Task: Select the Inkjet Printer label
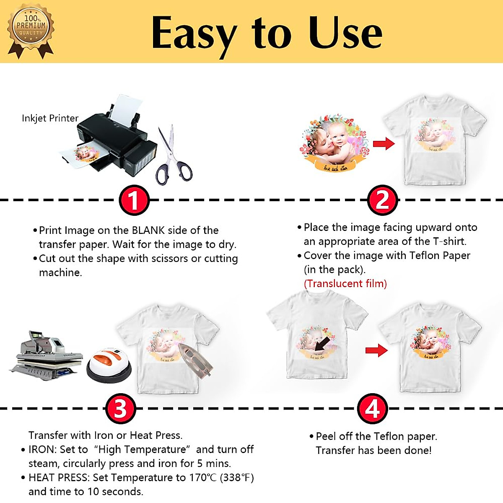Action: tap(50, 118)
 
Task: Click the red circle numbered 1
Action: tap(134, 200)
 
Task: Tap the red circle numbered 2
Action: tap(382, 200)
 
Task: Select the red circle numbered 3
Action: tap(120, 409)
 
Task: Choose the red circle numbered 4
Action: tap(372, 408)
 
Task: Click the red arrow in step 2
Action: tap(384, 144)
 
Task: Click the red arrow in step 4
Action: tap(376, 350)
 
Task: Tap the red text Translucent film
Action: tap(345, 284)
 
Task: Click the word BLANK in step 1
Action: tap(148, 231)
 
